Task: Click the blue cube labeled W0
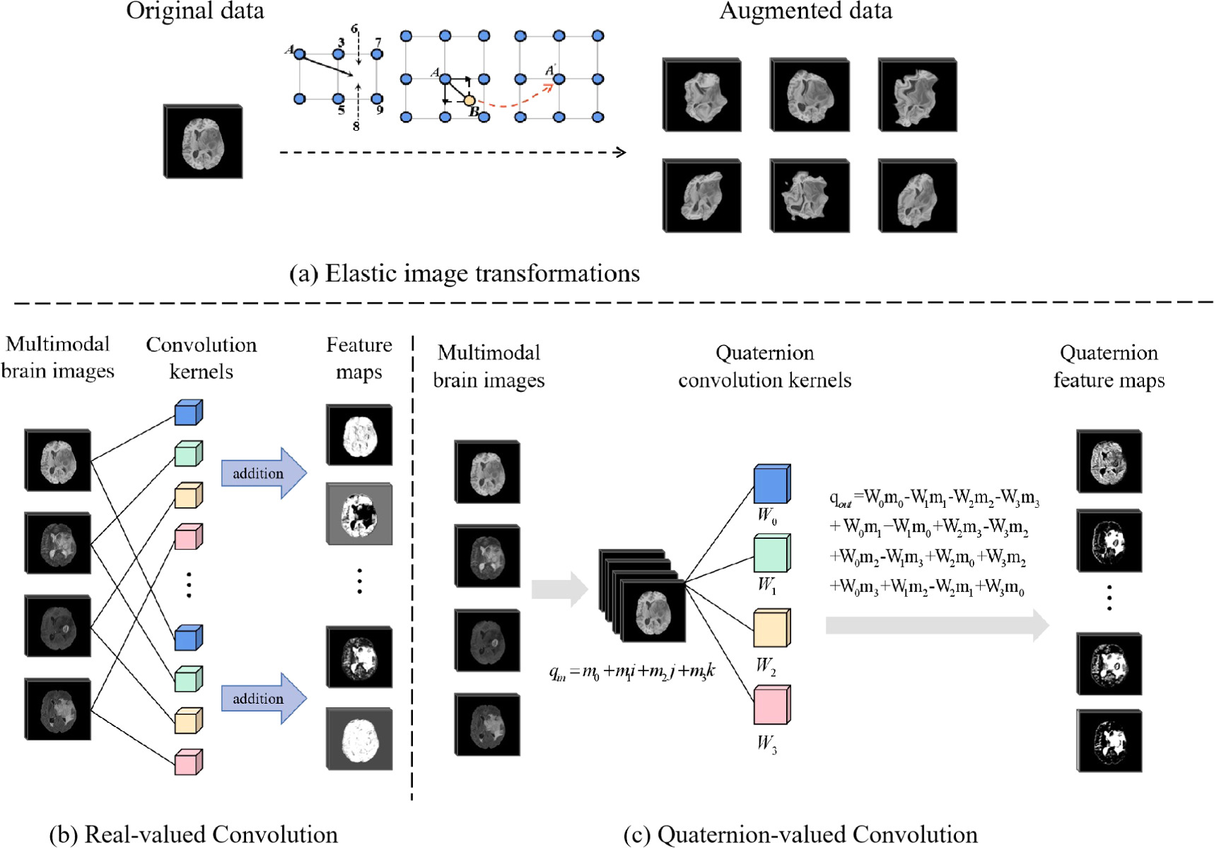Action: (771, 484)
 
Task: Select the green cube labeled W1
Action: (771, 554)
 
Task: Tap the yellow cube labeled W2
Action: (771, 628)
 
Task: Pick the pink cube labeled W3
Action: (771, 706)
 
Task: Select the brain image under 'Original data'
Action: (203, 142)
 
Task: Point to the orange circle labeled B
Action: (469, 100)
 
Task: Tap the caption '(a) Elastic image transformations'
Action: (465, 274)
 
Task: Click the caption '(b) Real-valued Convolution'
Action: (193, 835)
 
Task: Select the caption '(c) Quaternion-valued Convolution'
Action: (800, 835)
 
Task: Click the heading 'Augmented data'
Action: (805, 11)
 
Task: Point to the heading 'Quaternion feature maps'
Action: (1109, 366)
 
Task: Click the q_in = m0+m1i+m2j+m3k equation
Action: (631, 670)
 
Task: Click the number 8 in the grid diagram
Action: (356, 126)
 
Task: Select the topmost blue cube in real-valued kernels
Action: (188, 413)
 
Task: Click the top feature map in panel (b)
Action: (359, 435)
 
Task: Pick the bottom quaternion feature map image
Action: (1109, 740)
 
